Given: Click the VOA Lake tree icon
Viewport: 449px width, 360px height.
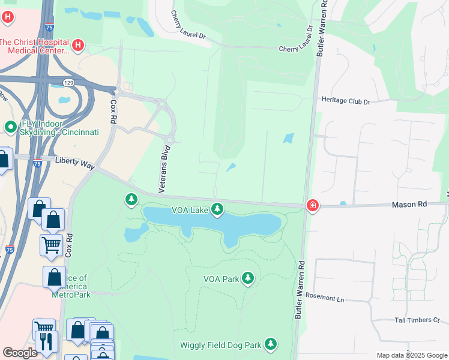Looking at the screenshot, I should (x=217, y=209).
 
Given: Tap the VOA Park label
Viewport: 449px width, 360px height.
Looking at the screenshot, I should (x=221, y=279).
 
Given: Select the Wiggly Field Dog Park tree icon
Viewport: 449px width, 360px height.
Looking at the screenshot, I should (x=271, y=344).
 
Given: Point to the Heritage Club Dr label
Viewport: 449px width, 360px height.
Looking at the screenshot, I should (x=346, y=101).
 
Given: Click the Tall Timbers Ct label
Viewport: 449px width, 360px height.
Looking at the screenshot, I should (x=417, y=320).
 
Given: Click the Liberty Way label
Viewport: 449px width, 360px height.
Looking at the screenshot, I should (x=75, y=162).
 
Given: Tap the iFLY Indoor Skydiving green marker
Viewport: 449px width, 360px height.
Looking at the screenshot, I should (x=10, y=127).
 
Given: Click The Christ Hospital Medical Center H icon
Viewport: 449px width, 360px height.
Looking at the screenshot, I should (x=77, y=45).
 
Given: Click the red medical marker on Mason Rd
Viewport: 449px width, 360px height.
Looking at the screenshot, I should (x=312, y=206).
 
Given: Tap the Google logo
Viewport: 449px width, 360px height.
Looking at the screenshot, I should (x=20, y=353).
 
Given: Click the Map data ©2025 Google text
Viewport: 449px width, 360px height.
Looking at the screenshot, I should (x=411, y=355).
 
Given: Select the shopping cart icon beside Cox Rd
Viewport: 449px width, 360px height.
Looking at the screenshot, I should (x=51, y=244).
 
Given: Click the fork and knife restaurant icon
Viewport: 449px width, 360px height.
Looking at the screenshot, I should (x=46, y=341).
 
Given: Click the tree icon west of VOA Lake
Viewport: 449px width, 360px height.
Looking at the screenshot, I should (x=131, y=199).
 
